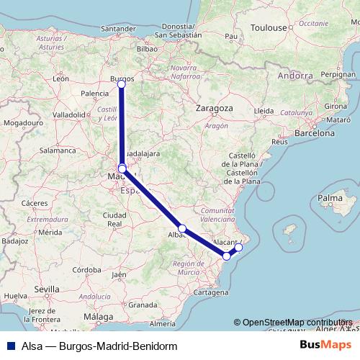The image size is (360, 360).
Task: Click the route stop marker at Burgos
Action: (121, 84)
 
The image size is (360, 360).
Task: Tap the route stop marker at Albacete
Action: (182, 228)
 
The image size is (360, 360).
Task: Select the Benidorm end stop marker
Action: (239, 248)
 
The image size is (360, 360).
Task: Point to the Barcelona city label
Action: (315, 133)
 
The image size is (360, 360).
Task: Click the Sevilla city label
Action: (46, 289)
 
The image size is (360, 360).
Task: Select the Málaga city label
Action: (99, 316)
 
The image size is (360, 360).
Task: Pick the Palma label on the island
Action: (330, 197)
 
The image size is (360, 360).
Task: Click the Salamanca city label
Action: (58, 150)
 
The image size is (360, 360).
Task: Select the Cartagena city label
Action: (210, 293)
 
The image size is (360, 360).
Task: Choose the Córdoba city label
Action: (86, 270)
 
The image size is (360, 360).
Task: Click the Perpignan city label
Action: (338, 73)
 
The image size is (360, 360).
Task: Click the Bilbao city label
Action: (146, 48)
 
